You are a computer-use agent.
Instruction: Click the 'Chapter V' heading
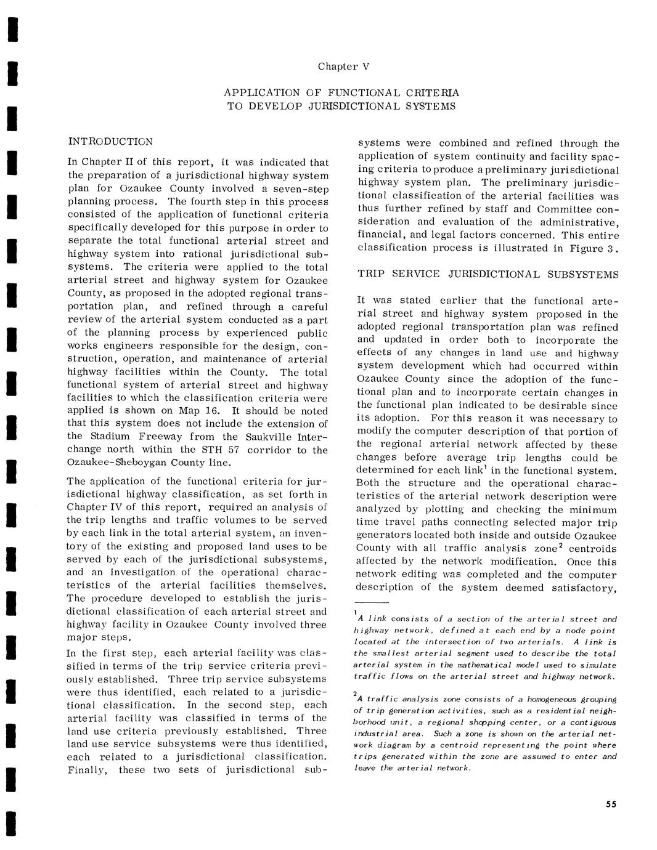343,67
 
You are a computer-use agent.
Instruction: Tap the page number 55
611,804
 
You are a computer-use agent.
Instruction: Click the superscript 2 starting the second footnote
356,694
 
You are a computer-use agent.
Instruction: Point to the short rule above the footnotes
372,602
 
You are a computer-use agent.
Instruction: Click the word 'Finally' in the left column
87,770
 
